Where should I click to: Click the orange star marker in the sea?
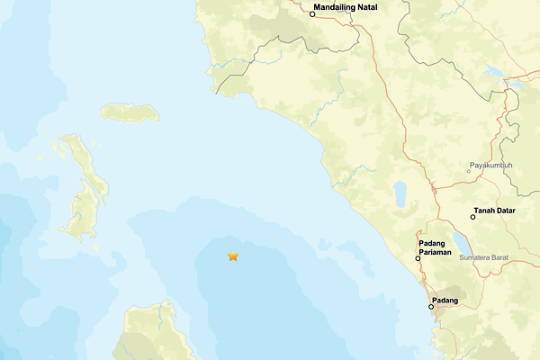(233, 256)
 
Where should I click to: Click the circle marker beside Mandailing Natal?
(312, 14)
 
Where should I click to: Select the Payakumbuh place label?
(490, 166)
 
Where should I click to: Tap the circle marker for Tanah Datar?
(473, 217)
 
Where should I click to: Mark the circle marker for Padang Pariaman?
(418, 259)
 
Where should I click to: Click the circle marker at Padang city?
(431, 307)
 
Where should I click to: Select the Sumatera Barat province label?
(484, 258)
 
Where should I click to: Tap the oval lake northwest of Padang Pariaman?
(400, 194)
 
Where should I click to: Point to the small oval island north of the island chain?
(130, 112)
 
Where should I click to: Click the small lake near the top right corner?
(492, 70)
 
